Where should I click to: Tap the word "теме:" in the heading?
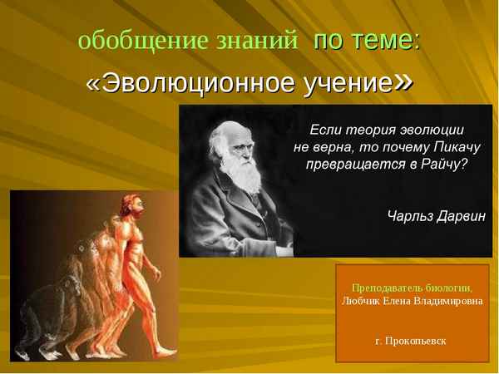click(x=390, y=40)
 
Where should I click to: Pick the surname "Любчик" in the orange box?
click(x=361, y=301)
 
